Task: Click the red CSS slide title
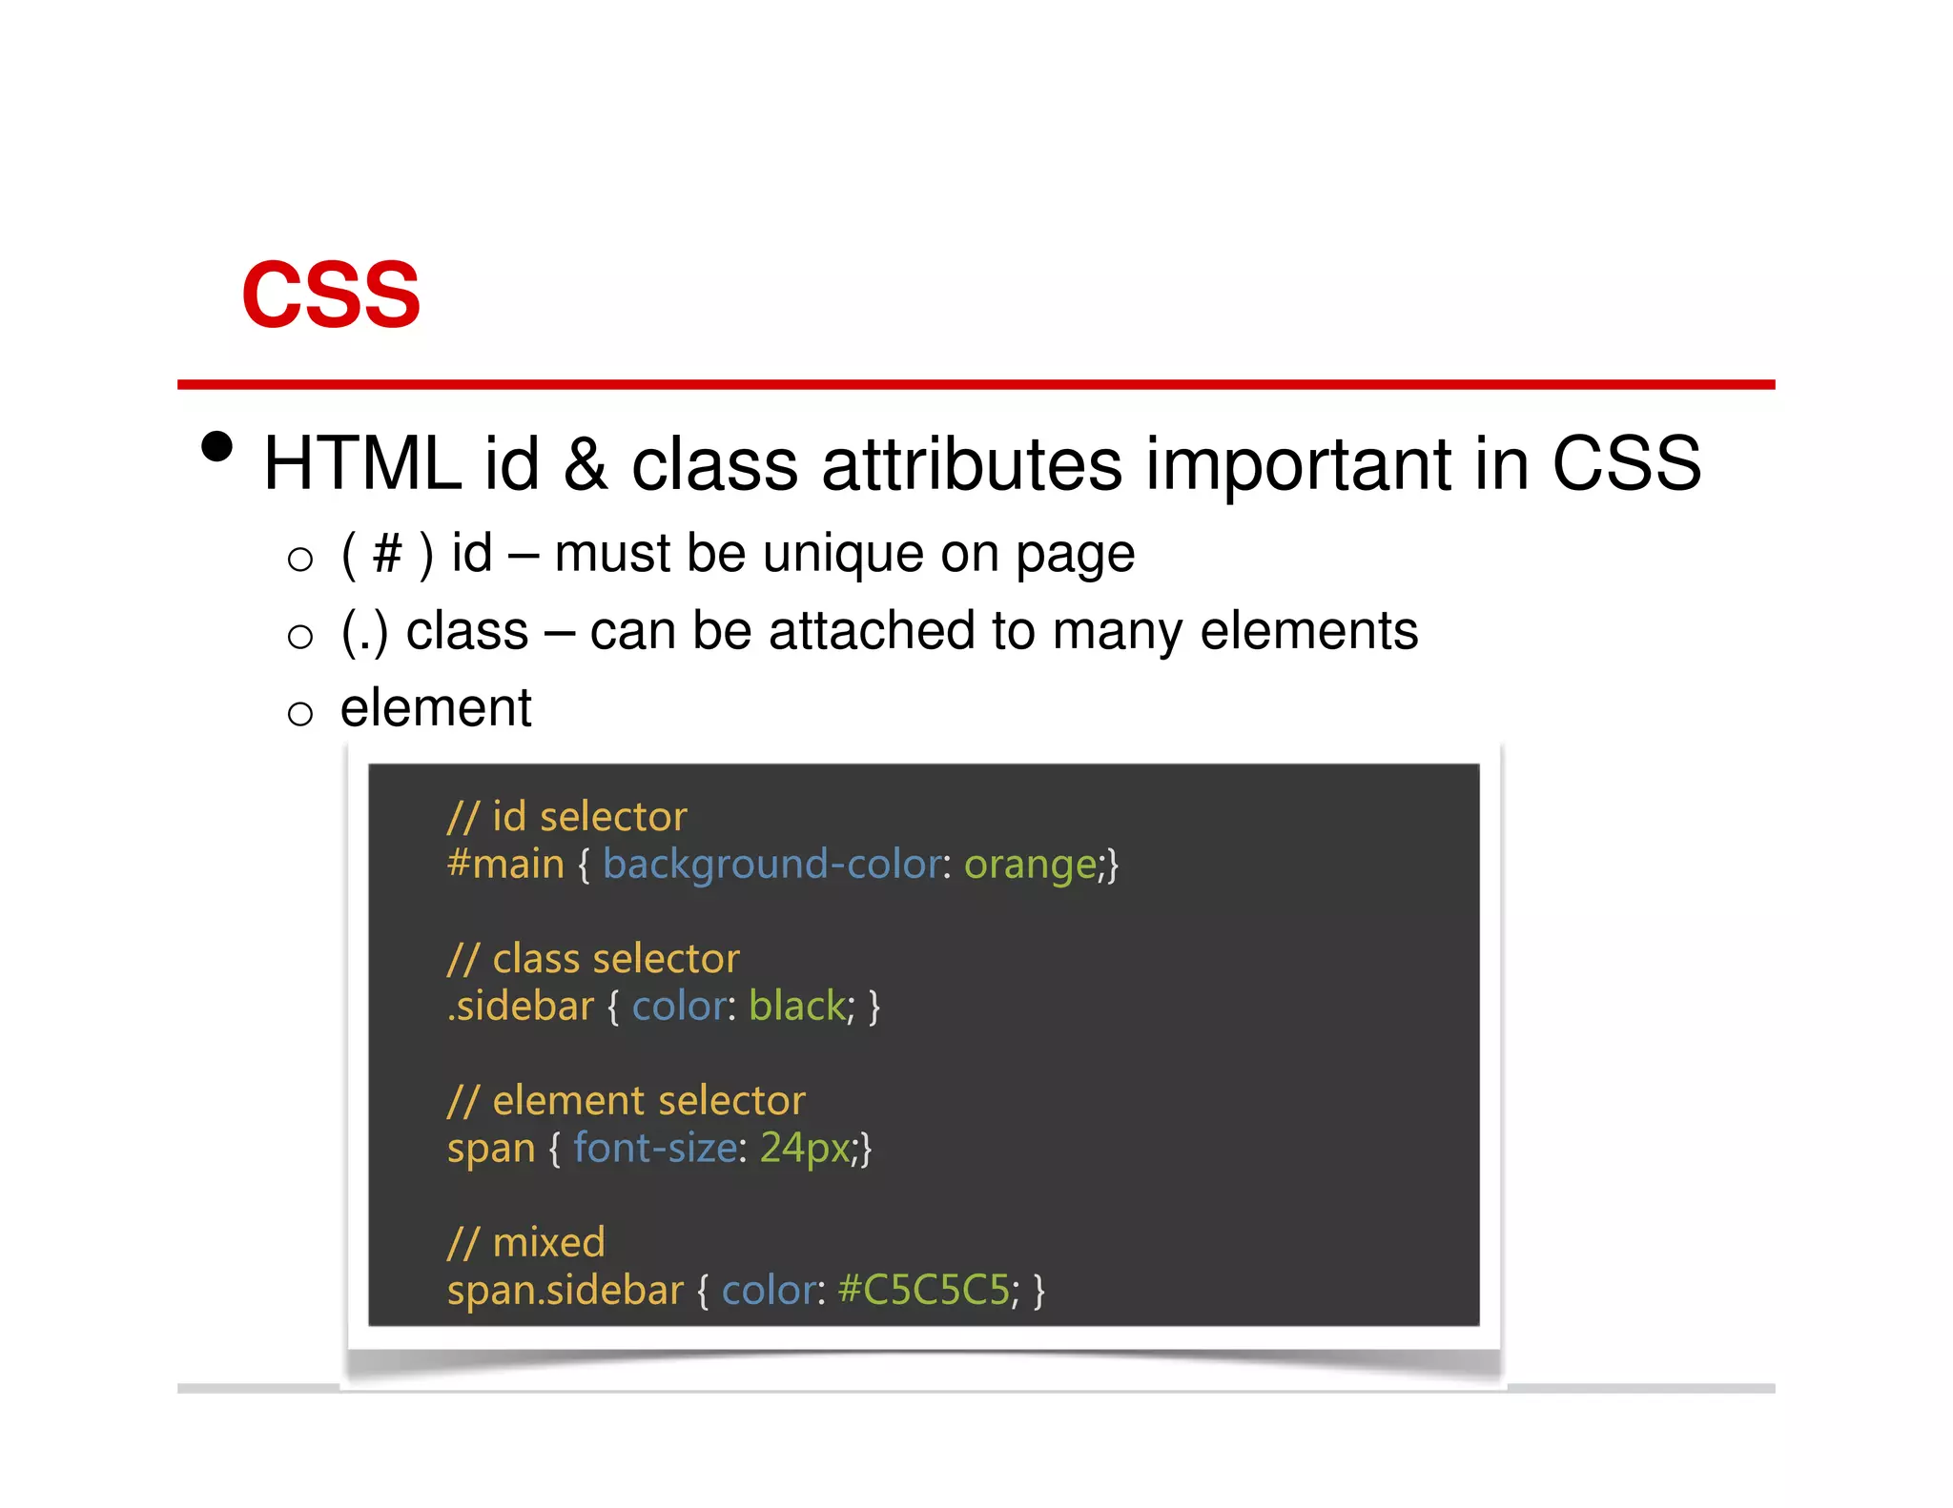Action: tap(331, 295)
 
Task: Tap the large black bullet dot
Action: tap(217, 446)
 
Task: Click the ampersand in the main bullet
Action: tap(586, 464)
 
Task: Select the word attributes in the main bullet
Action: tap(972, 464)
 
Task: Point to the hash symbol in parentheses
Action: tap(387, 554)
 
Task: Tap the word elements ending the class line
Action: tap(1308, 631)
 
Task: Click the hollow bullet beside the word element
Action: tap(300, 713)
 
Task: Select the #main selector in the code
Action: tap(505, 865)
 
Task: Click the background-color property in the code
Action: tap(771, 865)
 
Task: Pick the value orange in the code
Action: tap(1030, 865)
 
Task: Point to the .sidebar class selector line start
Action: tap(521, 1007)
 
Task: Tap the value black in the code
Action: tap(797, 1007)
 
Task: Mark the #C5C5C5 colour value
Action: tap(923, 1291)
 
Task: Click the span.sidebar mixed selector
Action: tap(565, 1291)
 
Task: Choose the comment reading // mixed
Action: tap(526, 1243)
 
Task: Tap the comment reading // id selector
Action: tap(567, 817)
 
